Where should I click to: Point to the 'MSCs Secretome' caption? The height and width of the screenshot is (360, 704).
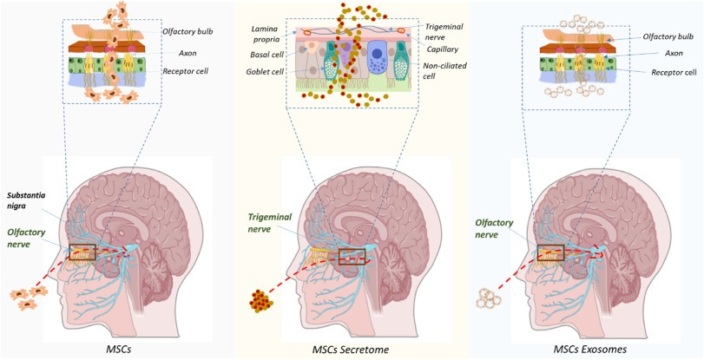pyautogui.click(x=352, y=350)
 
